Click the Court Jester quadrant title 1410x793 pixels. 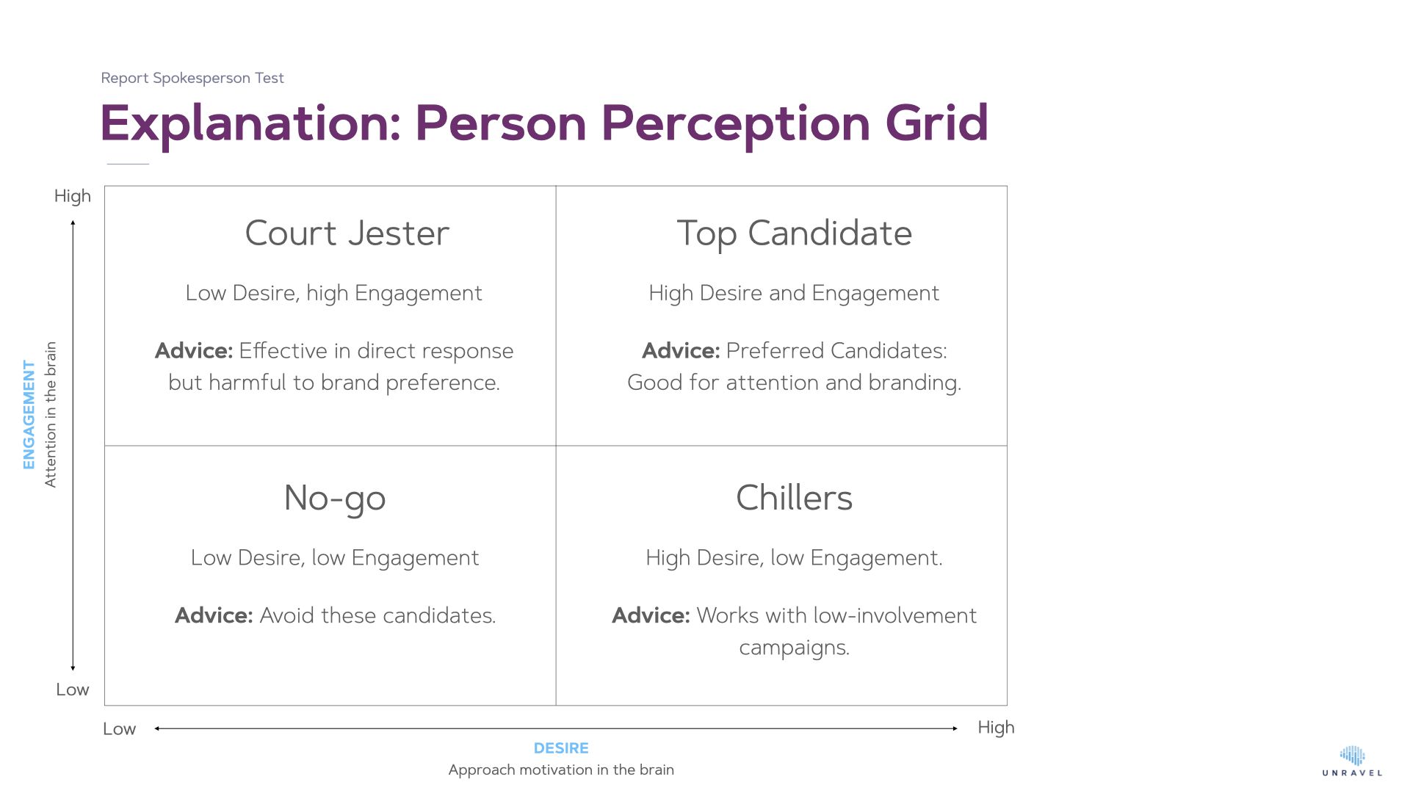[347, 233]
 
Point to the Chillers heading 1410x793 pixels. [795, 498]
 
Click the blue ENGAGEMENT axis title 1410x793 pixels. [29, 414]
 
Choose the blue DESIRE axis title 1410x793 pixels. [561, 748]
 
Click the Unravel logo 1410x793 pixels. [1352, 761]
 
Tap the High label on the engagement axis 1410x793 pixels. [73, 197]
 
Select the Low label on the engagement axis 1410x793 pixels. [73, 689]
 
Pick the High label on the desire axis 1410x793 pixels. [996, 728]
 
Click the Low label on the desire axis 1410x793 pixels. [119, 729]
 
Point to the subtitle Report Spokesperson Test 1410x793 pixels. [192, 78]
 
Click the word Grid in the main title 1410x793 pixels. [937, 123]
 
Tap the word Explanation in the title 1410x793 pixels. [250, 124]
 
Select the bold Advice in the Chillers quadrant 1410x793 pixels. [651, 615]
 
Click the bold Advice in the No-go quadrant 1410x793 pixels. [214, 615]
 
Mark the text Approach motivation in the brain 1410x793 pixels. [561, 770]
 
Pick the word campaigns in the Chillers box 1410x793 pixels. [794, 648]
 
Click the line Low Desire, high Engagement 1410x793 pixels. [334, 294]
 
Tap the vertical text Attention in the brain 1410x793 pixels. [50, 414]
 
